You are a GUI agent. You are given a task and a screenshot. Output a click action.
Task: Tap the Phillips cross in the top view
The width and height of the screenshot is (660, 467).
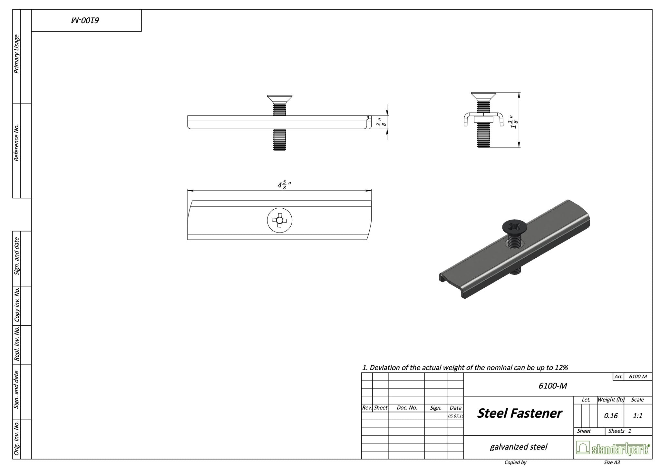pos(279,220)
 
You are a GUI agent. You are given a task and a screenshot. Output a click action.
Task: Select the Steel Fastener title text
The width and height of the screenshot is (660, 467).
pos(519,413)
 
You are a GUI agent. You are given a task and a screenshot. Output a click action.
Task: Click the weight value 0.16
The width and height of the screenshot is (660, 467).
pos(610,416)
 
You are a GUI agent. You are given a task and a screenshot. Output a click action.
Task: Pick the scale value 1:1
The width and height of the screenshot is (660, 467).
pos(637,416)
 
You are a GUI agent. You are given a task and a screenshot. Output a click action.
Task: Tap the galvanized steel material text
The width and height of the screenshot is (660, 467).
pos(518,447)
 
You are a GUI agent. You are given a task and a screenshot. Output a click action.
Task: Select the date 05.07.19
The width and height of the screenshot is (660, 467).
pos(456,416)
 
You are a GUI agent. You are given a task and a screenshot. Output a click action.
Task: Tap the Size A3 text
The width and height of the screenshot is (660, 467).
pos(612,463)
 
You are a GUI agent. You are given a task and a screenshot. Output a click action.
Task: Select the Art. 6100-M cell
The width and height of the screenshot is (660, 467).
pos(637,377)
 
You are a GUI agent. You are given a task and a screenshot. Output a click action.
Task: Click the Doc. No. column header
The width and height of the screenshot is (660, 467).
pos(407,408)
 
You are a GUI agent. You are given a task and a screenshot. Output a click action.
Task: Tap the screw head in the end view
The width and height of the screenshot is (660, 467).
pos(483,96)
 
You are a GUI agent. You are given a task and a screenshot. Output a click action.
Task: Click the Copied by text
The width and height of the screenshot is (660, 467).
pos(515,463)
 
